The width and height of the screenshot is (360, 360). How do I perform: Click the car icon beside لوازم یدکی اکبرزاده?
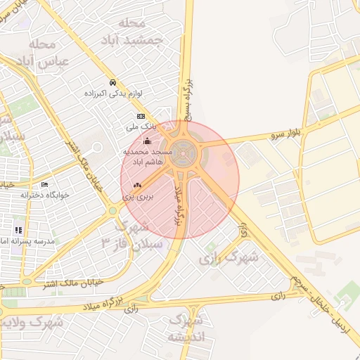112,82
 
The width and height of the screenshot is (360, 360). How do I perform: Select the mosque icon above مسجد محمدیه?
146,142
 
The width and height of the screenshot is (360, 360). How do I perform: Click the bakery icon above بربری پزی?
137,186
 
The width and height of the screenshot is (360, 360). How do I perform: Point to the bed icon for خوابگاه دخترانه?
45,185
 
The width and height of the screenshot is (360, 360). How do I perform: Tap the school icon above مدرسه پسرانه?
18,230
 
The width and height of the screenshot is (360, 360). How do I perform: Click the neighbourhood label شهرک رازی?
229,258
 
